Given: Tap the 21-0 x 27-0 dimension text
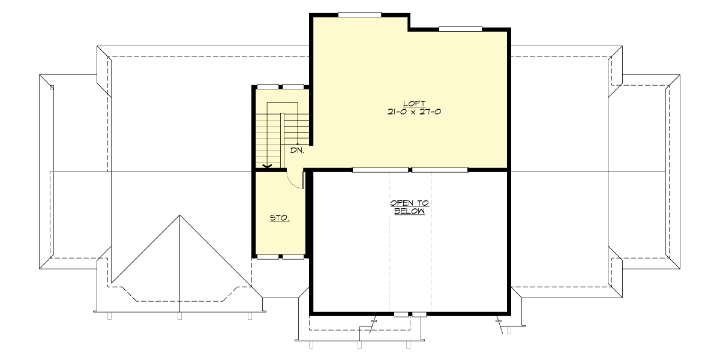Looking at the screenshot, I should [410, 112].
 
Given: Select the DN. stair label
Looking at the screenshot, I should [298, 151].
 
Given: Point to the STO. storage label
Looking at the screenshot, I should [280, 218].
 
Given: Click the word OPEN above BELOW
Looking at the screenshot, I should [410, 203].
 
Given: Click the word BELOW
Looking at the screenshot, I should [410, 211].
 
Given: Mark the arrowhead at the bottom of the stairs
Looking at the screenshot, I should [268, 166].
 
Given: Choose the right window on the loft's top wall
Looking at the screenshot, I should [460, 28].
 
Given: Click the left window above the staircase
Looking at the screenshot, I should [268, 87].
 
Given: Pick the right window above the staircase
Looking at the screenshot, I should [293, 87].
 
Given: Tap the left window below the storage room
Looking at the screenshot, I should [268, 257].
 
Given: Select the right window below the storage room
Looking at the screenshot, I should [293, 257].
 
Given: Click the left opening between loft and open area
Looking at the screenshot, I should [380, 170].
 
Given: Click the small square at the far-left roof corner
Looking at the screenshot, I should [52, 88].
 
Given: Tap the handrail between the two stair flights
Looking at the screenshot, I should [281, 135].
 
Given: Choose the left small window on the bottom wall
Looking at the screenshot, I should [400, 314].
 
